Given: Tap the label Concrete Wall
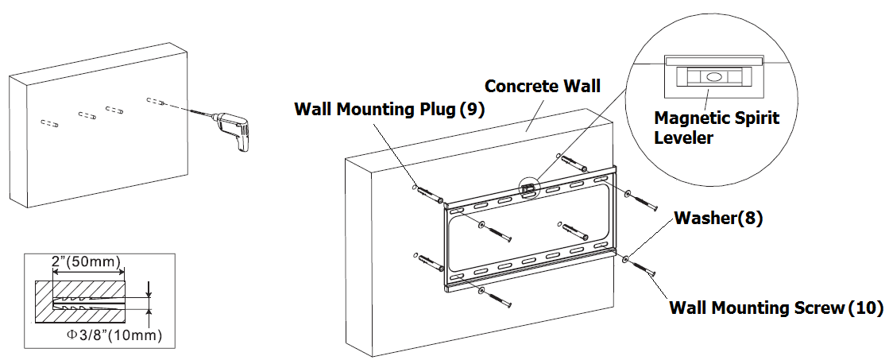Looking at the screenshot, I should pos(543,86).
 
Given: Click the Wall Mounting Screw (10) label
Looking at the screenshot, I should pos(775,308).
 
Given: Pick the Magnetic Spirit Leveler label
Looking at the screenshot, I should pos(716,127).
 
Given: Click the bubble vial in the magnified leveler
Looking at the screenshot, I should pos(711,78).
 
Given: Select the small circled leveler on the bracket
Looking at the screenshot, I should pos(528,188).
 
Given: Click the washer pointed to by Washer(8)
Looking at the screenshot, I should pos(627,258).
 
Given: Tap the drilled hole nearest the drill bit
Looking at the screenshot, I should pos(157,101).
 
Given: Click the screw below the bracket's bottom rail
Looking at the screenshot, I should pos(497,299).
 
